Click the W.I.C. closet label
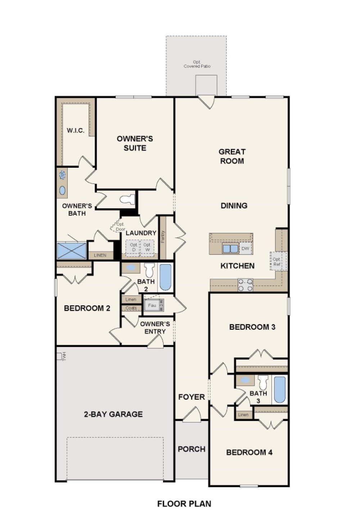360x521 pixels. (x=76, y=130)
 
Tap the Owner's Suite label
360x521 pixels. (x=135, y=143)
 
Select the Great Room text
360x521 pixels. (x=232, y=156)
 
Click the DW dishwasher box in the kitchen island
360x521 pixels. (x=245, y=248)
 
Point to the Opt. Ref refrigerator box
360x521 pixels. (x=276, y=262)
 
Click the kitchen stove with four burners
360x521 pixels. (x=245, y=285)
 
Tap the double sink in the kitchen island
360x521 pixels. (x=230, y=248)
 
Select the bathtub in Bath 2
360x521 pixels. (x=165, y=277)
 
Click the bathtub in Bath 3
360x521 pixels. (x=280, y=390)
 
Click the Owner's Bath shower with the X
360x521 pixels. (x=72, y=250)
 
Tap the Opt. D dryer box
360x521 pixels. (x=134, y=247)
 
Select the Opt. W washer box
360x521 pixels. (x=147, y=247)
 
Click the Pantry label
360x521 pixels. (x=163, y=237)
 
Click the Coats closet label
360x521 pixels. (x=131, y=308)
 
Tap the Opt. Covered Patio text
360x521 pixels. (x=197, y=64)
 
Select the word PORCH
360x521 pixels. (x=192, y=449)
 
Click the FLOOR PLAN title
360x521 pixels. (x=184, y=504)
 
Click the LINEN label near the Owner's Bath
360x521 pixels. (x=100, y=255)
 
